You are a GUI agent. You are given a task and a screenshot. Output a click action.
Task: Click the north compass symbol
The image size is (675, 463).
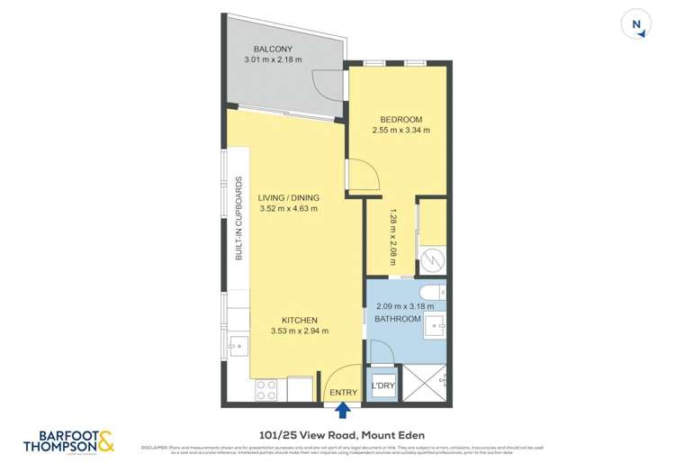637,25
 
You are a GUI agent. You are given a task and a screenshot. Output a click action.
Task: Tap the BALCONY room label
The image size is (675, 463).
272,49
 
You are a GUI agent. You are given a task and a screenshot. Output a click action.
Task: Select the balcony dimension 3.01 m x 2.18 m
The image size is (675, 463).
273,60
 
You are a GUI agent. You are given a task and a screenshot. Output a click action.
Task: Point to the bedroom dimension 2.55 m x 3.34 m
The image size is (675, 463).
401,131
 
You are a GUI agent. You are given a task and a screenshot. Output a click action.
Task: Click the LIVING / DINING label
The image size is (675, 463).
288,198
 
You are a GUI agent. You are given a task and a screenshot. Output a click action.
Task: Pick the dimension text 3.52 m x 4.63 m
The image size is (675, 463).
288,209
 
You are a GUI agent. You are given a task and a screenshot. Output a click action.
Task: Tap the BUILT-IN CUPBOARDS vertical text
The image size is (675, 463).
239,218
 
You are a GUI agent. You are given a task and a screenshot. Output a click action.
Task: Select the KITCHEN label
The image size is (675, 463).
300,320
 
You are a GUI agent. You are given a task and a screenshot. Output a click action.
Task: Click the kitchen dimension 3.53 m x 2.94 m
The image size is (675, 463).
300,331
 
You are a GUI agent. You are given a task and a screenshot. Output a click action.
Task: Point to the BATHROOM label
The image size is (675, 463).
399,320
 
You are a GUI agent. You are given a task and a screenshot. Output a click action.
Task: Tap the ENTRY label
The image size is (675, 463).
343,393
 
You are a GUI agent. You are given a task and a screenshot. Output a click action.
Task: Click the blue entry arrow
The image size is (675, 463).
343,411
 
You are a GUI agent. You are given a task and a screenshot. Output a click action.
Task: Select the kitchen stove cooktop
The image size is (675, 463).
266,389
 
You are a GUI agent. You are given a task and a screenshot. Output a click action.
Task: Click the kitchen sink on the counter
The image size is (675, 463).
238,344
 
